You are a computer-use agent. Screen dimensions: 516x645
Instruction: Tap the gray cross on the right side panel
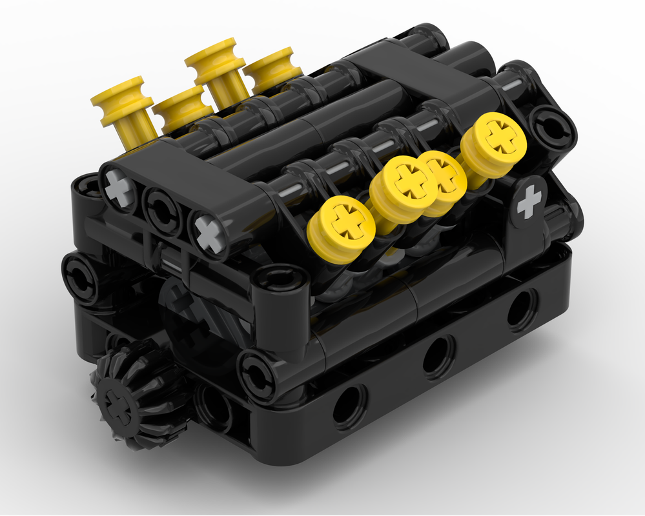point(529,203)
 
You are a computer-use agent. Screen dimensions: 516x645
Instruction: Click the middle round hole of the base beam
point(438,355)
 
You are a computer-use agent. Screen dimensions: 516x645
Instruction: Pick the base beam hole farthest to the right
point(522,310)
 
